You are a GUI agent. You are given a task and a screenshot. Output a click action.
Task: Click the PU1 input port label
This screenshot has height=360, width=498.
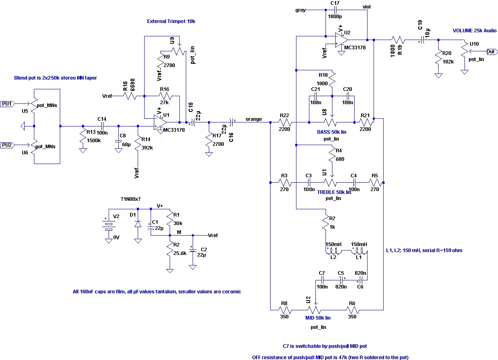coord(7,104)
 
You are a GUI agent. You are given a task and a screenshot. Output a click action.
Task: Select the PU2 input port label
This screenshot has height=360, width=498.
coord(7,145)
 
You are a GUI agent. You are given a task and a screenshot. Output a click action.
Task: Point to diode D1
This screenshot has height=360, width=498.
coord(138,224)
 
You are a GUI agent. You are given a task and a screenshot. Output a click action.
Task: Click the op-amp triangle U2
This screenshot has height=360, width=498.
coord(341,40)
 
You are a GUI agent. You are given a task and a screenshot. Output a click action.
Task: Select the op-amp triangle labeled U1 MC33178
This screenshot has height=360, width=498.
coord(160,122)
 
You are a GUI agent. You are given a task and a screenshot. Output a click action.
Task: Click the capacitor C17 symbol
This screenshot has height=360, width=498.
coord(336,10)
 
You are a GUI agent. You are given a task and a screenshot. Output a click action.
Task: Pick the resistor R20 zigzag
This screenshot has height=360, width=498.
coord(438,57)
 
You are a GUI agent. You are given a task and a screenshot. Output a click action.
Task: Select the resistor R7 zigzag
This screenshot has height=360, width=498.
coord(326,222)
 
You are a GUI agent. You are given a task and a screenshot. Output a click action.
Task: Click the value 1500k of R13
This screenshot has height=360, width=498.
coord(94,141)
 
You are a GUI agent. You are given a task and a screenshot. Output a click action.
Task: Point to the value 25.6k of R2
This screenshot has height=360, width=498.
coord(180,253)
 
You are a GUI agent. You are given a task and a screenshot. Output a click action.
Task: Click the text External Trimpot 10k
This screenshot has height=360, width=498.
coord(171,21)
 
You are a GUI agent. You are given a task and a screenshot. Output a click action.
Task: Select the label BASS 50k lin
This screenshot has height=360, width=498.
coord(332,132)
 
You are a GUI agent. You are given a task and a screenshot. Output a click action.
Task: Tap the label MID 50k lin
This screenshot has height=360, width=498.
coord(318,318)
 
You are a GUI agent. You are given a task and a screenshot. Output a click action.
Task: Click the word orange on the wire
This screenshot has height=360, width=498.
coord(254,120)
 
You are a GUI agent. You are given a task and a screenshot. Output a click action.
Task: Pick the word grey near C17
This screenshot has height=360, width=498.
coord(300,10)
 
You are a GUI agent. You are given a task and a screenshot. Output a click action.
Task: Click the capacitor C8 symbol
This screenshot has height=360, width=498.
coord(118,141)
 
